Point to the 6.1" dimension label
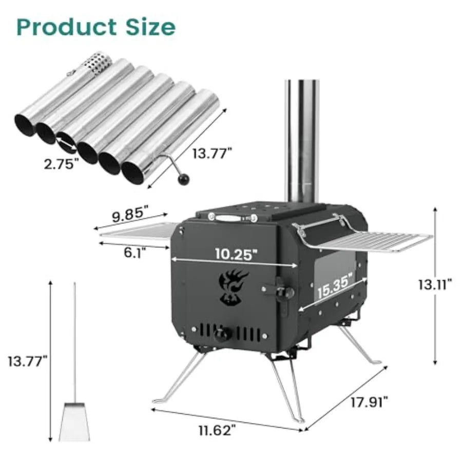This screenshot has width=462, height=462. [135, 252]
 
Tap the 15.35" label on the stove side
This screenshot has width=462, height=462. [335, 286]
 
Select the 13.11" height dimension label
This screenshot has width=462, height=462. [434, 284]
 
